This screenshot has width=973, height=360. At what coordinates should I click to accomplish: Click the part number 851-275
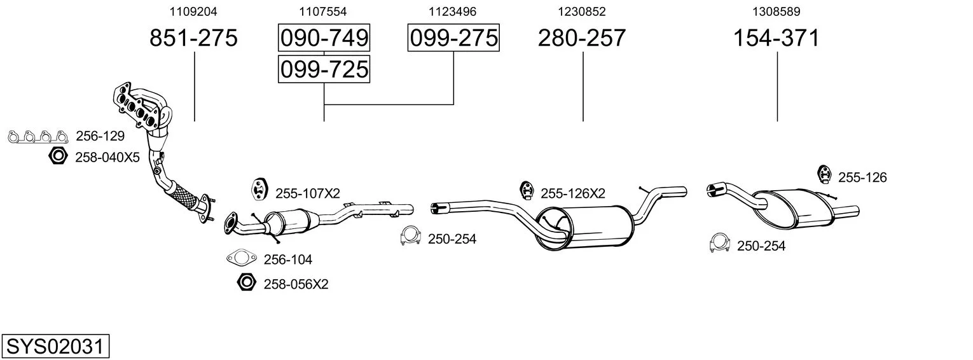(193, 38)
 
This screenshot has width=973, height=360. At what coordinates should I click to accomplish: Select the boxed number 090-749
(324, 38)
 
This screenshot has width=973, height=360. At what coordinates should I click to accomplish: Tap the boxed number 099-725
(324, 69)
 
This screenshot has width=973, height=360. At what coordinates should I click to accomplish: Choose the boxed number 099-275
(453, 38)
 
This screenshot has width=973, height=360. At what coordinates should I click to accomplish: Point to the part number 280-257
(582, 38)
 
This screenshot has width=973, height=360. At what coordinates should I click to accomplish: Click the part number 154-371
(776, 38)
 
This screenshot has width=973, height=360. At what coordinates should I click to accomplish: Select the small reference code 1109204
(193, 11)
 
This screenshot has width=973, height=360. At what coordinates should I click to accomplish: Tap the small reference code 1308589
(776, 11)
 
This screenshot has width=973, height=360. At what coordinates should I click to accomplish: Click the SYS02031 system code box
(55, 347)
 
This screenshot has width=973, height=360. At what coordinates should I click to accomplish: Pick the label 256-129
(100, 136)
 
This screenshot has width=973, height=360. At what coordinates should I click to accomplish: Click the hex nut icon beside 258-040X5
(58, 156)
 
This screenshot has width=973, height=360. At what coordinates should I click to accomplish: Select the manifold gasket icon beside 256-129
(38, 137)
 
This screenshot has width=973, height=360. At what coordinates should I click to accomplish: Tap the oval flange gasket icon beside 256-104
(242, 258)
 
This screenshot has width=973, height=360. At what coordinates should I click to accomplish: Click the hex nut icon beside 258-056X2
(247, 282)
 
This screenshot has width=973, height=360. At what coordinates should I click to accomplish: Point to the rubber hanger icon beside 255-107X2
(258, 190)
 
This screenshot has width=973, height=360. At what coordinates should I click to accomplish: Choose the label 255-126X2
(573, 193)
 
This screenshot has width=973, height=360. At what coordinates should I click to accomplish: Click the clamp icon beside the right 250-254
(720, 243)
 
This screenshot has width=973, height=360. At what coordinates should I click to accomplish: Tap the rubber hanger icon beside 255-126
(824, 175)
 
